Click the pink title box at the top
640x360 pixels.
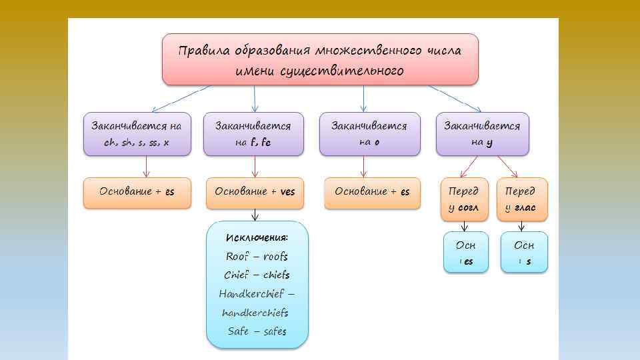tap(320, 59)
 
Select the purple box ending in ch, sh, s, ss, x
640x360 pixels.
tap(137, 134)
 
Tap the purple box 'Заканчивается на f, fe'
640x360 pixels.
tap(253, 134)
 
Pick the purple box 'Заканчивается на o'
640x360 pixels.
tap(369, 134)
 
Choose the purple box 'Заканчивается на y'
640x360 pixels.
tap(482, 134)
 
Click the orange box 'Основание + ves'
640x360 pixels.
tap(255, 192)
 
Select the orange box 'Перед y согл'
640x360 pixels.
tap(464, 199)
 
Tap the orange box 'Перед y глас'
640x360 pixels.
tap(521, 199)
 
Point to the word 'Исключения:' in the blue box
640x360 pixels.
tap(257, 238)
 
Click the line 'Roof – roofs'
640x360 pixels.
tap(257, 256)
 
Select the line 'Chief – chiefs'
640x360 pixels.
tap(257, 275)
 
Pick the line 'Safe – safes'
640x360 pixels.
tap(257, 331)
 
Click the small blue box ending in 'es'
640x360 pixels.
tap(466, 253)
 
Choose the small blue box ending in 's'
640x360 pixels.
tap(524, 253)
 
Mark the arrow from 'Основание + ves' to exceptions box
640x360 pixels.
tap(255, 214)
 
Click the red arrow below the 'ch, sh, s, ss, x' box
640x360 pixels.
tap(145, 167)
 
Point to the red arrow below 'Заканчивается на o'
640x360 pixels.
tap(364, 167)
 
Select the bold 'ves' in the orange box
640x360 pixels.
tap(287, 192)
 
